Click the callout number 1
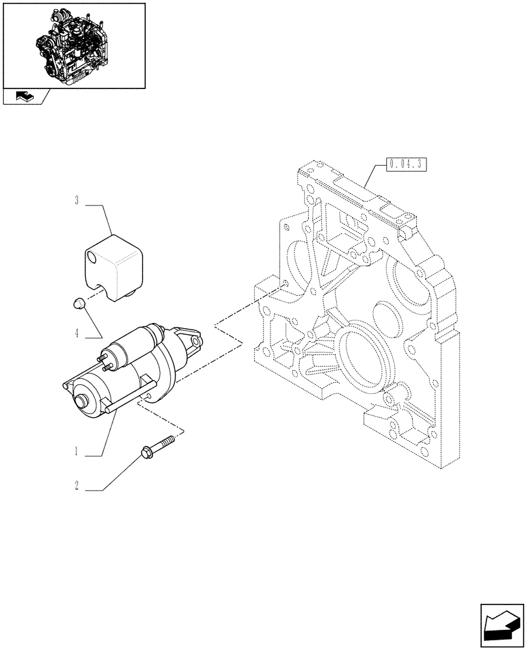(x=77, y=450)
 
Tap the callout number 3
(x=77, y=202)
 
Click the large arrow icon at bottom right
(x=501, y=625)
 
